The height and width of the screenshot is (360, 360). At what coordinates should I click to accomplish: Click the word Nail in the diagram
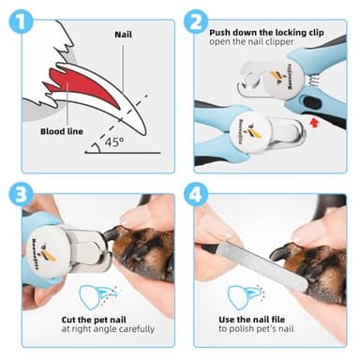click(123, 35)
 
